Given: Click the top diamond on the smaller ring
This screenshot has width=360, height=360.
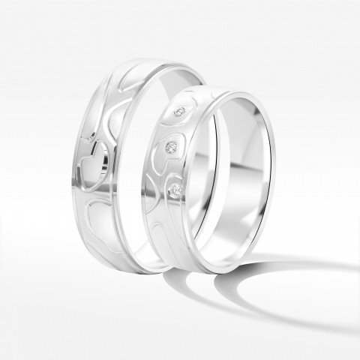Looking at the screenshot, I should click(179, 112).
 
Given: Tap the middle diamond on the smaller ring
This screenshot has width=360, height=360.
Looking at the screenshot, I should click(172, 145).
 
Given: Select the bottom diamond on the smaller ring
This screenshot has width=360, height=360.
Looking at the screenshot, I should click(175, 189).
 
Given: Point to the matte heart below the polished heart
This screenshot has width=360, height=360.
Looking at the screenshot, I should click(97, 222).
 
